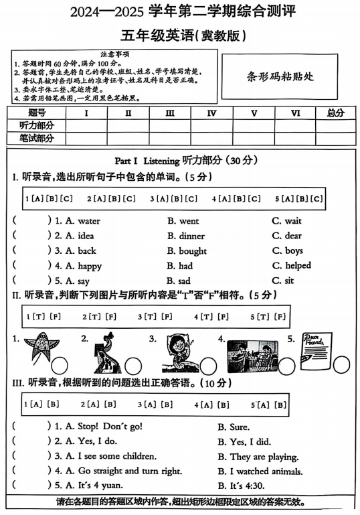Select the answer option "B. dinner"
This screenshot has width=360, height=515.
(x=186, y=236)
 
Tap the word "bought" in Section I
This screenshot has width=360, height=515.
(x=193, y=251)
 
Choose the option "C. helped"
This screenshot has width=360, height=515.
(x=291, y=266)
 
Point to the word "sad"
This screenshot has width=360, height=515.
(x=184, y=281)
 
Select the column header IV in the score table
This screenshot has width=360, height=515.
(x=211, y=113)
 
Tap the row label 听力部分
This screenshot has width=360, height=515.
(x=37, y=125)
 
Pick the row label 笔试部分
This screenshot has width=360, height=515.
(x=37, y=138)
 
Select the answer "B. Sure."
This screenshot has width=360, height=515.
(x=234, y=427)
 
